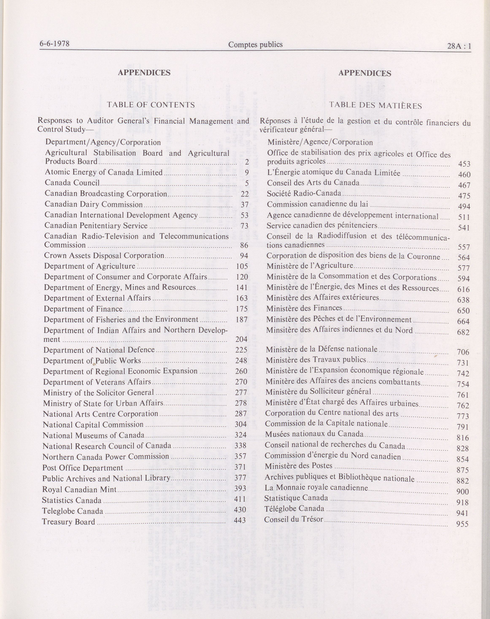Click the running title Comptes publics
(255, 45)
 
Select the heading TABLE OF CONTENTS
(151, 105)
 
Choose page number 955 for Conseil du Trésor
(462, 524)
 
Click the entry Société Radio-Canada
(304, 194)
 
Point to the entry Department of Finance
(83, 309)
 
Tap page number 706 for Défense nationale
(463, 352)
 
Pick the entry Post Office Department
(83, 468)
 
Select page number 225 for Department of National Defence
(241, 350)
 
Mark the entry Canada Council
(72, 183)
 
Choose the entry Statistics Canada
(72, 500)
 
